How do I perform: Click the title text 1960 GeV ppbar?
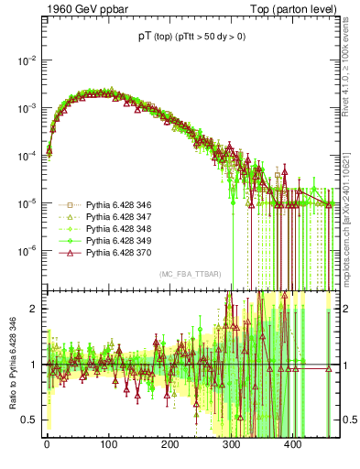79,8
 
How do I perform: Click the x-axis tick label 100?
108,446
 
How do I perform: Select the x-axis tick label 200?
169,446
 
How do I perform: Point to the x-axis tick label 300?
232,446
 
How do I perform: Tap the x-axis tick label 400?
293,446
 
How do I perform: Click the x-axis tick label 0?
47,446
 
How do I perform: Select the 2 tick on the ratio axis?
36,309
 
